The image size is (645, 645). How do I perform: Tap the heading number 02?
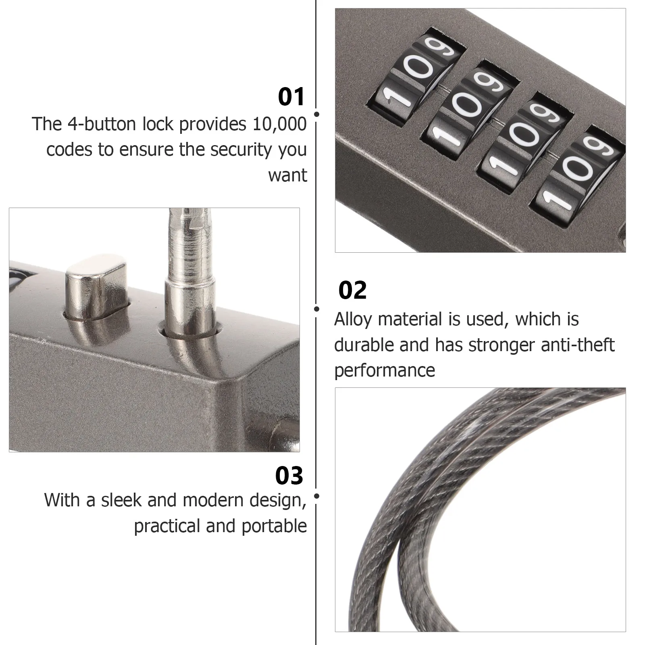click(x=353, y=290)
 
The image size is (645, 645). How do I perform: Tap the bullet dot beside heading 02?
click(x=317, y=309)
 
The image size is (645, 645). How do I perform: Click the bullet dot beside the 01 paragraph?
click(x=317, y=114)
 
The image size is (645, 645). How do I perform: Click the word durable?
click(x=364, y=345)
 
